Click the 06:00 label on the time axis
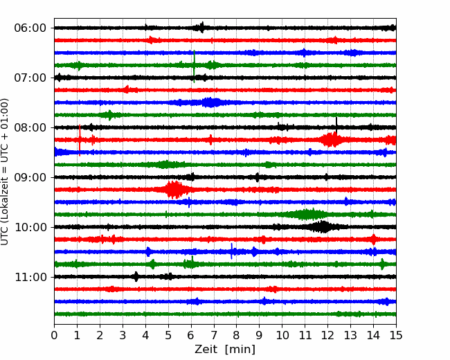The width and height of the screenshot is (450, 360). tap(30, 28)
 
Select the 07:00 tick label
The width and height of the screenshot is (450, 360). tap(30, 78)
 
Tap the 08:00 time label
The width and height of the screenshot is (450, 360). tap(30, 127)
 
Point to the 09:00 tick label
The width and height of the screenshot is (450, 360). tap(30, 177)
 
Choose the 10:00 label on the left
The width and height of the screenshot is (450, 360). tap(30, 227)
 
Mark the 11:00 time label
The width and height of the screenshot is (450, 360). tap(30, 277)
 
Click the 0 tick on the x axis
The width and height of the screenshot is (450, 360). tap(54, 335)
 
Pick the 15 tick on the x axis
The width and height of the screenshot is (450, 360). tap(396, 335)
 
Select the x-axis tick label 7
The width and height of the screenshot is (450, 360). tap(214, 335)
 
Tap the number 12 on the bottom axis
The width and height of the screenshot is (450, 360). tap(327, 335)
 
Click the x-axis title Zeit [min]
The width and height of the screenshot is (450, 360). tap(225, 350)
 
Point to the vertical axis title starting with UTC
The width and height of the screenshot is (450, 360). tap(5, 172)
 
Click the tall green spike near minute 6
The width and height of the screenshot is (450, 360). tap(195, 66)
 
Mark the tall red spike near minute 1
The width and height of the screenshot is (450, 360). tap(80, 140)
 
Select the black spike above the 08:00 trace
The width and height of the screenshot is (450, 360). tap(336, 125)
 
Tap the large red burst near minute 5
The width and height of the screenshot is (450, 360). tap(174, 190)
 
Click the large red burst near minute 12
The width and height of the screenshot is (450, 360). tap(331, 140)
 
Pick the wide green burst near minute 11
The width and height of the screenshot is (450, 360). tap(305, 215)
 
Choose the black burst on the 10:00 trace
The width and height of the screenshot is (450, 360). tap(323, 227)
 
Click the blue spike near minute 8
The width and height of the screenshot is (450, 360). tap(232, 251)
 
